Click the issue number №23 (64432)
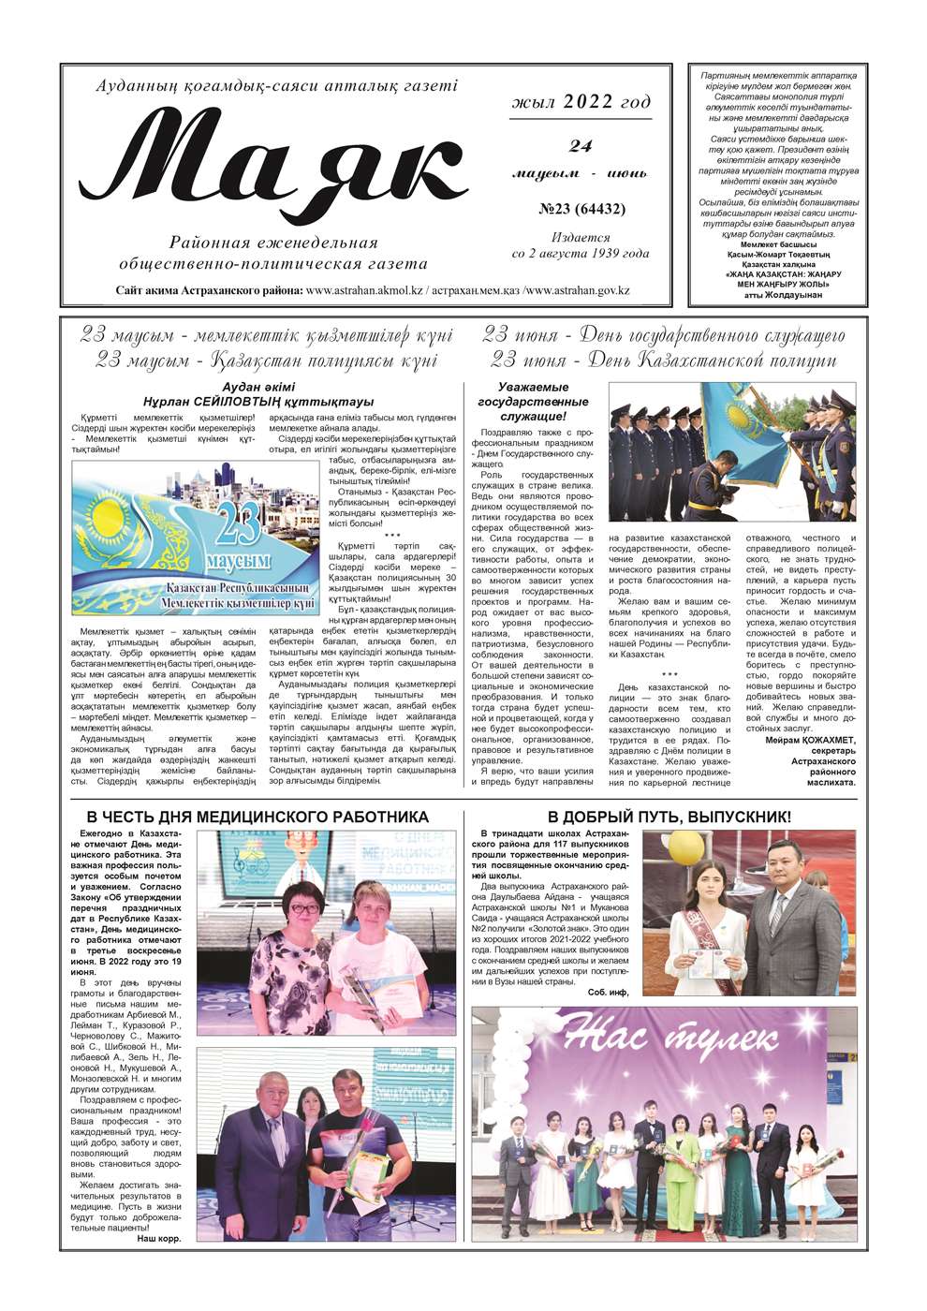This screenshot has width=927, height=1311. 581,209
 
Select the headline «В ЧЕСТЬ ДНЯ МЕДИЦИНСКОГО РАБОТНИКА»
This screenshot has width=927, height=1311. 257,817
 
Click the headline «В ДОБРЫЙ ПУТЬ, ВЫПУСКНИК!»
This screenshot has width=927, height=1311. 669,817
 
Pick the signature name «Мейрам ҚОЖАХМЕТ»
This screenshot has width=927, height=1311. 810,740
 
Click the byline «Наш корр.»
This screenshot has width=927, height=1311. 158,1238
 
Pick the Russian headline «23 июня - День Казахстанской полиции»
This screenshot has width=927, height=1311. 663,361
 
